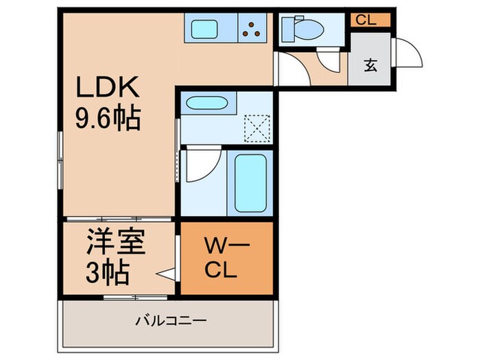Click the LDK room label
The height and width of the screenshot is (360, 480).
coord(108,88)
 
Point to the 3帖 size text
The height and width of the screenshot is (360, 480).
coord(108,273)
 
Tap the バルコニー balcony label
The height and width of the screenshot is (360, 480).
coord(171,320)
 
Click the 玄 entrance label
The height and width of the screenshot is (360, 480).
coord(370,66)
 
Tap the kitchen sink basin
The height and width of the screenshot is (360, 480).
coord(204,29)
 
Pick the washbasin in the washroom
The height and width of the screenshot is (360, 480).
coord(206,104)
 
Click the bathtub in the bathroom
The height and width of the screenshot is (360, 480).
coord(250,182)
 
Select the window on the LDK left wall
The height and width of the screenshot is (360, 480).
coord(60,160)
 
